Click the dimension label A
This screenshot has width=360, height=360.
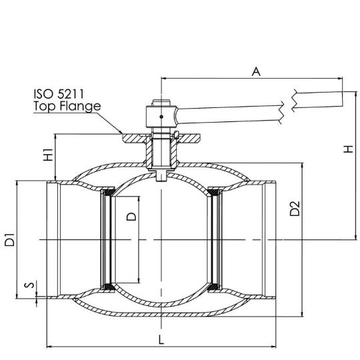pos(256,71)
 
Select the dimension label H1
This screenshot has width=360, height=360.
pos(49,155)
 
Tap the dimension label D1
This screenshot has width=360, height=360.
pos(9,240)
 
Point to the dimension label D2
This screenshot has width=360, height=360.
pos(295,209)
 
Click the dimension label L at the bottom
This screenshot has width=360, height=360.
pos(161,339)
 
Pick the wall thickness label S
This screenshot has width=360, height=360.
pos(29,285)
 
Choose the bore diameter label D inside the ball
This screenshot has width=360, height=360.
pos(131,217)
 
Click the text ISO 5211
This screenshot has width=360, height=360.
pos(59,94)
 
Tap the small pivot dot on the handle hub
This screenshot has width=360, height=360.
pos(161,117)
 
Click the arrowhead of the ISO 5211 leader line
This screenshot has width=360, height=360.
pos(121,132)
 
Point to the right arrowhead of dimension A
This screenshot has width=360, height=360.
pos(340,78)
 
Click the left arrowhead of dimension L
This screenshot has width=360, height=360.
pos(49,346)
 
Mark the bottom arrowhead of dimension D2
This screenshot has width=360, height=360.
pos(303,314)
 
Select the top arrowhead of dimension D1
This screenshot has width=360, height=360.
pos(17,184)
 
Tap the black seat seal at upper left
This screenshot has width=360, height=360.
pos(108,192)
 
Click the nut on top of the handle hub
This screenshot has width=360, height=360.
pos(161,103)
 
